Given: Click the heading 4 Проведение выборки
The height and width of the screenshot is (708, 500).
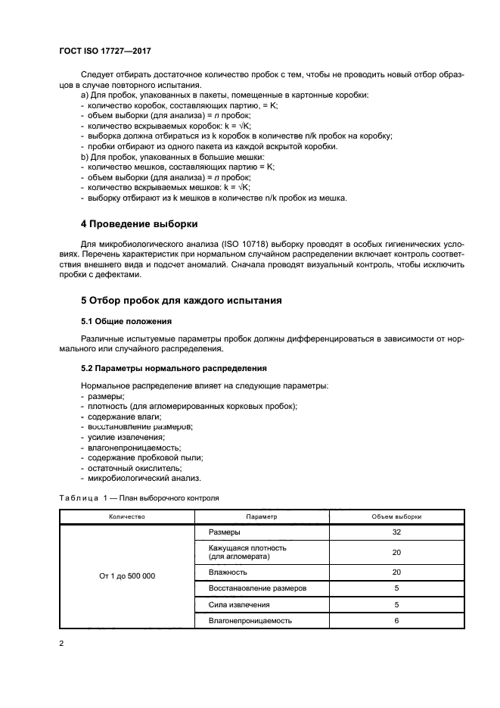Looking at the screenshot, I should [139, 224].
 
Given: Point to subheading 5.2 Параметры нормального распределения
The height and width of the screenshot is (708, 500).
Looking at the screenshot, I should [173, 368].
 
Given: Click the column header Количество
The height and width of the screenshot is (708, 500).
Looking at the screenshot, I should [126, 516].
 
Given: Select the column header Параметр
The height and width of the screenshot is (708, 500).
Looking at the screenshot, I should [262, 516].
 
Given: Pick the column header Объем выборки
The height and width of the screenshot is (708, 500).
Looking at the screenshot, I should [396, 516].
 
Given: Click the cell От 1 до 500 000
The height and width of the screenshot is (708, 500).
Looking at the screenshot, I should [126, 576].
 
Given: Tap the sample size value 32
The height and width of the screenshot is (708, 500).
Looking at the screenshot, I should [396, 532].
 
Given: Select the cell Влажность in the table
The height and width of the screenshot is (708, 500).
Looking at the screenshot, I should [228, 572].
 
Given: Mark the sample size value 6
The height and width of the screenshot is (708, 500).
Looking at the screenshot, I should [396, 621].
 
